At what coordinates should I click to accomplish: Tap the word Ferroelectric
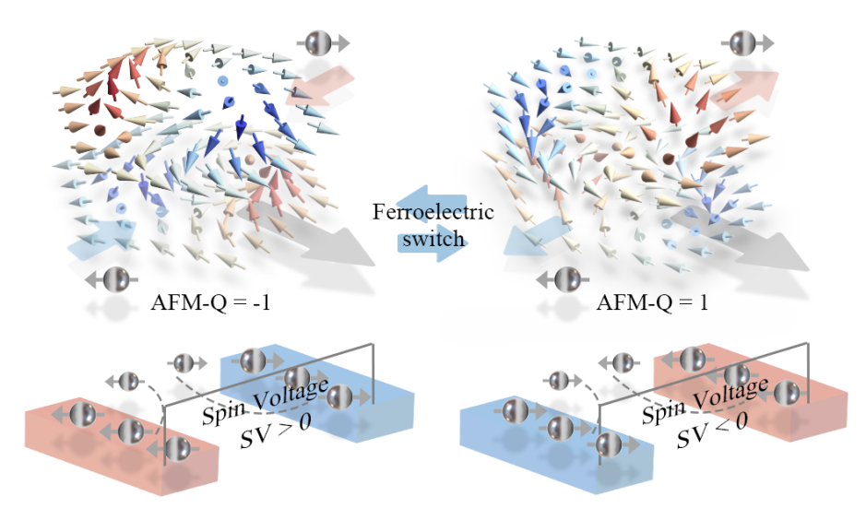[x=433, y=212]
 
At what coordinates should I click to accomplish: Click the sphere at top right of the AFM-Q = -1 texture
[x=319, y=41]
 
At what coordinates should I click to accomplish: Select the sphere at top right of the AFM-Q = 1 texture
[x=743, y=41]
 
